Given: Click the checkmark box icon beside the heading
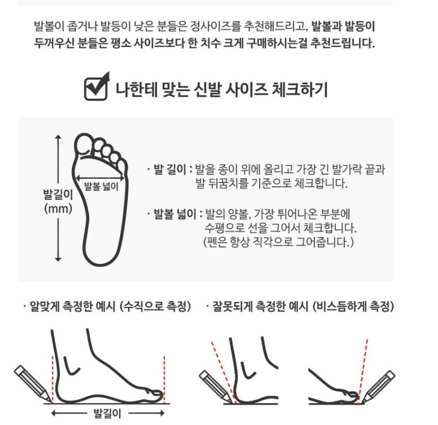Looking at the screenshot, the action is tap(96, 87).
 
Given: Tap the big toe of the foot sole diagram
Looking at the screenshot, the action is tap(84, 144).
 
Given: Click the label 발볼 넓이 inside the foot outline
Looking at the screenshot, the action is tap(101, 187).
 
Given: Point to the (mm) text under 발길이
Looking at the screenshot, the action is tap(58, 209).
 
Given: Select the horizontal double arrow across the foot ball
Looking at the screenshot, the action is tap(100, 178).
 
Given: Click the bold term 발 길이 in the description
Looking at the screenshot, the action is tap(170, 169).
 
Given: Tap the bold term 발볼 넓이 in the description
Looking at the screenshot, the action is tap(175, 214).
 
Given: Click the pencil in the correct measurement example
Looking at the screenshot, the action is tap(33, 383).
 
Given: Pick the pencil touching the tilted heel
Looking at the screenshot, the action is tap(216, 387).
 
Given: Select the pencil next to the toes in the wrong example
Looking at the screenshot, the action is tap(378, 387).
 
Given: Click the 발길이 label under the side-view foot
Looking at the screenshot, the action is tap(107, 413).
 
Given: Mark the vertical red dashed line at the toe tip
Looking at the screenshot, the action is tap(164, 379).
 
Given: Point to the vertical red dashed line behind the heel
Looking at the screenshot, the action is tap(52, 379).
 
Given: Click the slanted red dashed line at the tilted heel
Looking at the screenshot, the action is tap(223, 372).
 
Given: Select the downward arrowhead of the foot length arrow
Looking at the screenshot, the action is tap(58, 259).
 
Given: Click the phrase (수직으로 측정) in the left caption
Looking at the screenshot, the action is tap(155, 306).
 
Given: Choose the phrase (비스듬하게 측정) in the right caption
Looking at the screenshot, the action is tap(353, 306).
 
